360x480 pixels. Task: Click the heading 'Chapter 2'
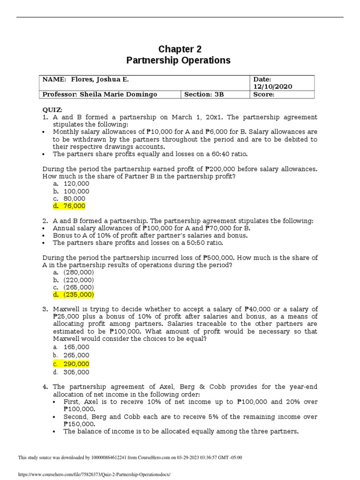pyautogui.click(x=176, y=49)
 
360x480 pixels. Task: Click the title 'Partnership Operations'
pyautogui.click(x=179, y=60)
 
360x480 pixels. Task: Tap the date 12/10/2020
pyautogui.click(x=272, y=87)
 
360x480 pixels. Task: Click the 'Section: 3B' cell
pyautogui.click(x=204, y=94)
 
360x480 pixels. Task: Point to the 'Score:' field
pyautogui.click(x=263, y=94)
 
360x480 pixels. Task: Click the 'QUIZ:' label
pyautogui.click(x=52, y=109)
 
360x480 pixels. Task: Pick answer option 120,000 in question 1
pyautogui.click(x=76, y=184)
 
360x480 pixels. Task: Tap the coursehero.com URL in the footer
pyautogui.click(x=94, y=474)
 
